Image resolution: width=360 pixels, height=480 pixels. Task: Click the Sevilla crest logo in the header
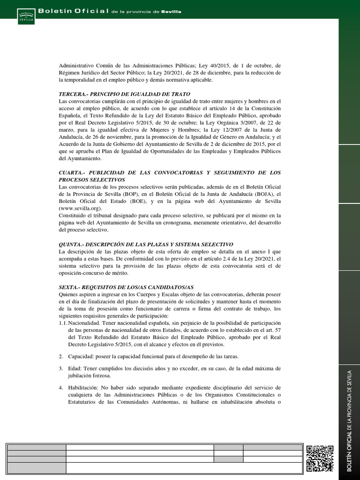(25, 15)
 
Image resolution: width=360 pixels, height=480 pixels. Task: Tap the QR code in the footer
(320, 458)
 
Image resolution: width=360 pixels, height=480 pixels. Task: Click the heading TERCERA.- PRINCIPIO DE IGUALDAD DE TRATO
(124, 94)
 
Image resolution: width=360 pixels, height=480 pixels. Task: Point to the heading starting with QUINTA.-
(146, 245)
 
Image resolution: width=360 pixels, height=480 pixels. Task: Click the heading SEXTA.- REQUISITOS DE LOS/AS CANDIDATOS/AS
(126, 286)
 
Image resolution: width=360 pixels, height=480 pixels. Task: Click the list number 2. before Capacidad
(61, 357)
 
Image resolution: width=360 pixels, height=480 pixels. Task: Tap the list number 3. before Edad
(61, 368)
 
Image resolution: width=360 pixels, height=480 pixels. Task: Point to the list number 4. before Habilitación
(61, 388)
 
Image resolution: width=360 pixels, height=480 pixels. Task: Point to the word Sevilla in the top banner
(171, 11)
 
